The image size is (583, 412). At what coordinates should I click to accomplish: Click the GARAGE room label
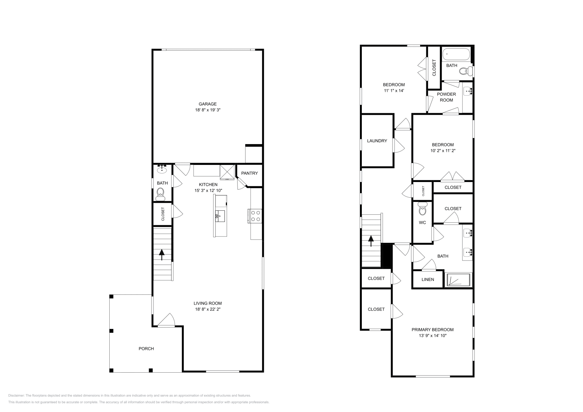pyautogui.click(x=207, y=104)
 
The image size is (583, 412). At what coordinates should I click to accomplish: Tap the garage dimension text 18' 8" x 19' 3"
pyautogui.click(x=207, y=110)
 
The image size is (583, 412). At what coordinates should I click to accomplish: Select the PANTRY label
pyautogui.click(x=249, y=173)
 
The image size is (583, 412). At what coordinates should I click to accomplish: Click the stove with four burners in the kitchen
pyautogui.click(x=255, y=215)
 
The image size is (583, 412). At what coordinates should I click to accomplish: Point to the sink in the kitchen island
pyautogui.click(x=220, y=216)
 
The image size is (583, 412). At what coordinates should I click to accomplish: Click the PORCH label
pyautogui.click(x=146, y=349)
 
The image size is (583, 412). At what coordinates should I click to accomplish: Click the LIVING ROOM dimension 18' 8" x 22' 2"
pyautogui.click(x=207, y=309)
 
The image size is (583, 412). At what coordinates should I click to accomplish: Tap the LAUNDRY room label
pyautogui.click(x=377, y=141)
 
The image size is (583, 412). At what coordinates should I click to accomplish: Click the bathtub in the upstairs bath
pyautogui.click(x=456, y=55)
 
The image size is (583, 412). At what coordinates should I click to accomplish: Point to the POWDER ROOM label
pyautogui.click(x=446, y=97)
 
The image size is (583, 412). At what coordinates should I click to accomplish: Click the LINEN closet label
pyautogui.click(x=428, y=280)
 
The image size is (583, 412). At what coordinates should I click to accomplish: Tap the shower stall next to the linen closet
pyautogui.click(x=459, y=280)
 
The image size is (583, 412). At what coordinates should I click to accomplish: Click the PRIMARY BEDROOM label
pyautogui.click(x=433, y=330)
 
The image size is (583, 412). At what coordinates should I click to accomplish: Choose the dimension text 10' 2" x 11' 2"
pyautogui.click(x=443, y=150)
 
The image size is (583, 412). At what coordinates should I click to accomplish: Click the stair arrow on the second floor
pyautogui.click(x=371, y=241)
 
